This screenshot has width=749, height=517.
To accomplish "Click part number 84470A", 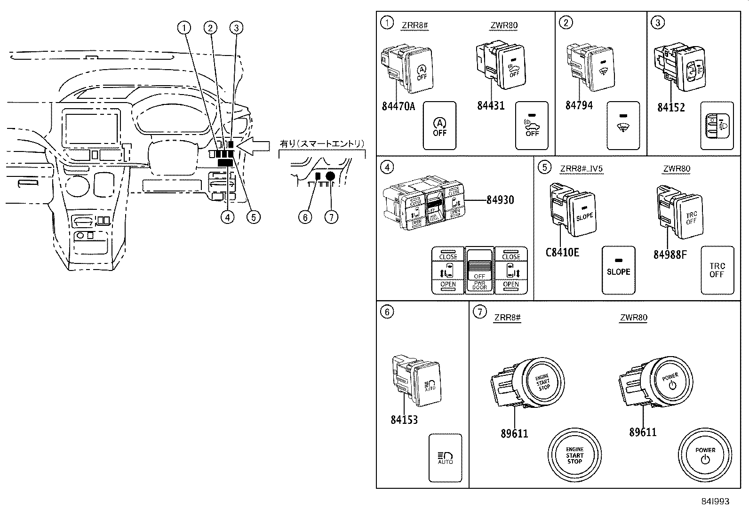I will coord(398,106).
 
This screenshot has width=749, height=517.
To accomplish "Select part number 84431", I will coord(491,105).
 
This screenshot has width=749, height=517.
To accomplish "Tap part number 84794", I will coord(579,105).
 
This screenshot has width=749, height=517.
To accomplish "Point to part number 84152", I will coord(671,107).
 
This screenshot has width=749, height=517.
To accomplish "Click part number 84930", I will coord(500,200).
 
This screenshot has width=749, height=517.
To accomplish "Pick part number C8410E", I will coord(562,253).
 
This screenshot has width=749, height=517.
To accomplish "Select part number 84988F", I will coord(670,255).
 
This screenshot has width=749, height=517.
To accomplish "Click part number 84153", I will coord(404,419).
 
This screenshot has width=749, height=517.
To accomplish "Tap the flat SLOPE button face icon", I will coord(618,270).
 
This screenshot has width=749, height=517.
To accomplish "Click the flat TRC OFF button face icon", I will coord(717,270).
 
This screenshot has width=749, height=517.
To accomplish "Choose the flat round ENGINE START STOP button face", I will coord(574,455).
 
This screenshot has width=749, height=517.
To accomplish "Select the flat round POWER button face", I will coord(705,455).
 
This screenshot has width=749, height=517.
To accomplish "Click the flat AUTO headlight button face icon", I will coord(445,458).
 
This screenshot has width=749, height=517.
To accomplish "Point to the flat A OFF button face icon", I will coord(439,126).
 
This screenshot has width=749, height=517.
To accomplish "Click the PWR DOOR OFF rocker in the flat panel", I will coord(479,270).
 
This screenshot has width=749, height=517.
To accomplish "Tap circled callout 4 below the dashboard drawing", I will coord(227,217).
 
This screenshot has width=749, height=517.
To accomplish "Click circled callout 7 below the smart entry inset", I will coord(331,217).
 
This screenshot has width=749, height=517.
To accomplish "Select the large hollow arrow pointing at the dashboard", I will coord(254,146).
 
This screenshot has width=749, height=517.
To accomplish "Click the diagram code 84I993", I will coord(713,501).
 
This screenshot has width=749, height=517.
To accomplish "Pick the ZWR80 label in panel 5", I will coord(677,169).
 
